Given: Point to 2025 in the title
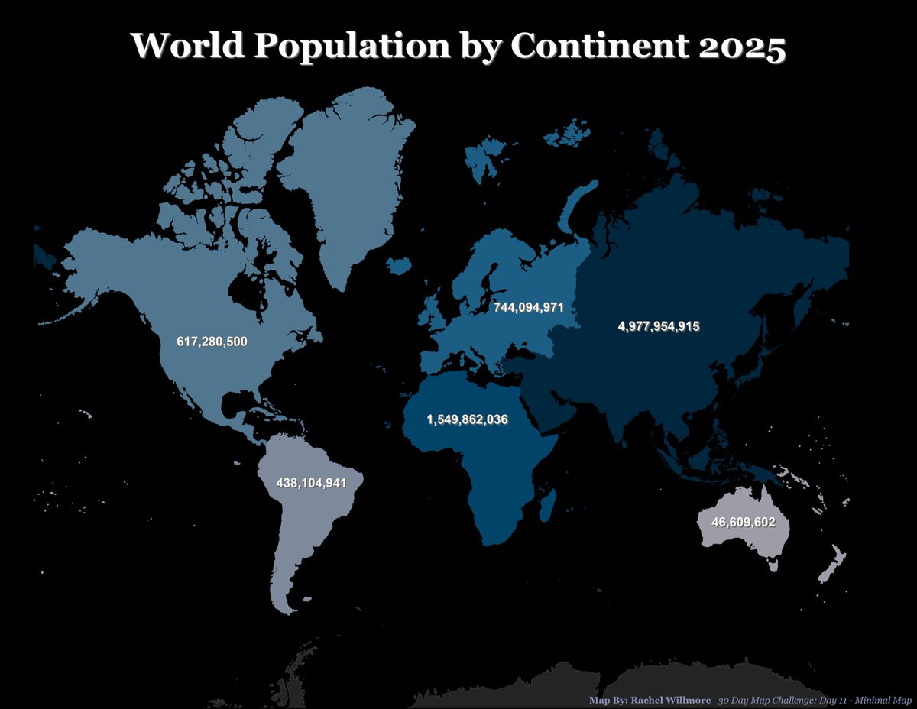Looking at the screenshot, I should click(x=741, y=47).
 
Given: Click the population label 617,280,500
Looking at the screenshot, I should click(x=212, y=342).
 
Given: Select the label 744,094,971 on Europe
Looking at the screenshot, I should click(x=528, y=307).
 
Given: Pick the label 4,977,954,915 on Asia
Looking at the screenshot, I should click(x=658, y=326).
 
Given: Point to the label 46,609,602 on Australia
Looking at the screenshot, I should click(x=743, y=523).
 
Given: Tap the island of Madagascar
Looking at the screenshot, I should click(x=546, y=505).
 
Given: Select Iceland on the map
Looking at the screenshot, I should click(x=400, y=265).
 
